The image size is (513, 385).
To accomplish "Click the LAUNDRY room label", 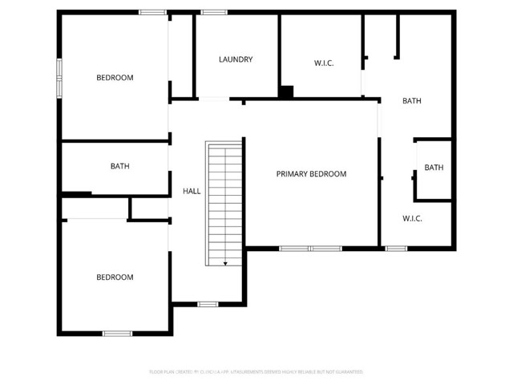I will click(x=236, y=59).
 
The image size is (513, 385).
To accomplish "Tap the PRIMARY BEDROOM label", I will click(x=311, y=174).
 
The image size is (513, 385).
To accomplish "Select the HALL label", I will click(x=192, y=191).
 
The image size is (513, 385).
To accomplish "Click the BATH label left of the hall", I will click(x=120, y=167).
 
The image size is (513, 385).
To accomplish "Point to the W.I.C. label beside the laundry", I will click(x=323, y=63).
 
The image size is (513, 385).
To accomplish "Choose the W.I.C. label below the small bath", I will click(x=412, y=218).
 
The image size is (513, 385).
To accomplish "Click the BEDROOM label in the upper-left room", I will click(x=115, y=78).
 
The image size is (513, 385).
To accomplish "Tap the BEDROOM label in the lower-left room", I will click(x=115, y=278).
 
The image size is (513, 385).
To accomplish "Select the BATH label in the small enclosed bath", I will click(x=434, y=168).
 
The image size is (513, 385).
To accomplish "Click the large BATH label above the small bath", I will click(x=412, y=101).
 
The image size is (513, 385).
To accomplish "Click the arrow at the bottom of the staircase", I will click(x=225, y=261).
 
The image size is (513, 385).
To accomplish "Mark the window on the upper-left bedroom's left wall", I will click(x=58, y=78).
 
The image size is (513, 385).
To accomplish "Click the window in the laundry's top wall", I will click(x=213, y=12).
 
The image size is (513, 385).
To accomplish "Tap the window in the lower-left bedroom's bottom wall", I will click(x=117, y=333).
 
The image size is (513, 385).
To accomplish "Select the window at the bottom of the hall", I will click(x=208, y=304).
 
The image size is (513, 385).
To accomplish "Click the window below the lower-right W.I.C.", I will click(x=396, y=249).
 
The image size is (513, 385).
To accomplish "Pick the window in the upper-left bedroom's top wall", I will click(x=152, y=12).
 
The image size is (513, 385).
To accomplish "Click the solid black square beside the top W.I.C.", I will click(x=286, y=92).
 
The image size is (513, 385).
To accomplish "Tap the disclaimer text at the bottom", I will click(x=256, y=372).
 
